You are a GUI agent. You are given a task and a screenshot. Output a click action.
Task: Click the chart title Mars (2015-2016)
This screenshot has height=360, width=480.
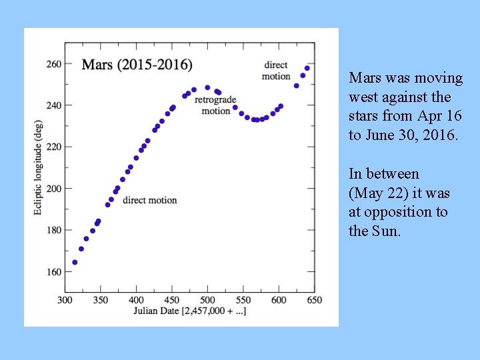click(x=137, y=65)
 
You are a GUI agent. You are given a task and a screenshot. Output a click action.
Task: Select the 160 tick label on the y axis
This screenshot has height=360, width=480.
click(x=53, y=272)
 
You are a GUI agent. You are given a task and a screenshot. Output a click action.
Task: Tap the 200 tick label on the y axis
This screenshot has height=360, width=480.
click(x=53, y=189)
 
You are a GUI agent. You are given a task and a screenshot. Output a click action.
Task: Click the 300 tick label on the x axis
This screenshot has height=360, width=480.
click(x=65, y=300)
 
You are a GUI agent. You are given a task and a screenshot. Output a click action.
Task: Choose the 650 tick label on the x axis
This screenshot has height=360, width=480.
click(x=313, y=300)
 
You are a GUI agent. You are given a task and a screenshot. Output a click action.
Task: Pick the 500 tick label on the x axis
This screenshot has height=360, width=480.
click(x=207, y=300)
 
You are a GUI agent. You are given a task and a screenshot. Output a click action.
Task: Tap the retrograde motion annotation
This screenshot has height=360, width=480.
click(x=216, y=105)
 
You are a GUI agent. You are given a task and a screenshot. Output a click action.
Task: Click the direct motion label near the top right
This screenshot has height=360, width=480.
click(x=276, y=71)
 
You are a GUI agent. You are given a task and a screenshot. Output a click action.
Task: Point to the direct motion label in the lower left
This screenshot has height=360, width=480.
click(x=150, y=200)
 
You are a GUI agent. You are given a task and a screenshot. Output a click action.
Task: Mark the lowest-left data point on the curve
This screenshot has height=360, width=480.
click(x=75, y=262)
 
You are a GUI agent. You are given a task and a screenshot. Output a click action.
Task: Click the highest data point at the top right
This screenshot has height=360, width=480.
click(x=307, y=68)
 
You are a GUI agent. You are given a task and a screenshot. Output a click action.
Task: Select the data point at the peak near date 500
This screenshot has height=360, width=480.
click(x=207, y=87)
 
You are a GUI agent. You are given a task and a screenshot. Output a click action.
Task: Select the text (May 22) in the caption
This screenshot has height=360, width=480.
click(x=375, y=193)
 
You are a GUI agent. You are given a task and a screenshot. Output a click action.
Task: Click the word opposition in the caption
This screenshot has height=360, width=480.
click(x=397, y=212)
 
